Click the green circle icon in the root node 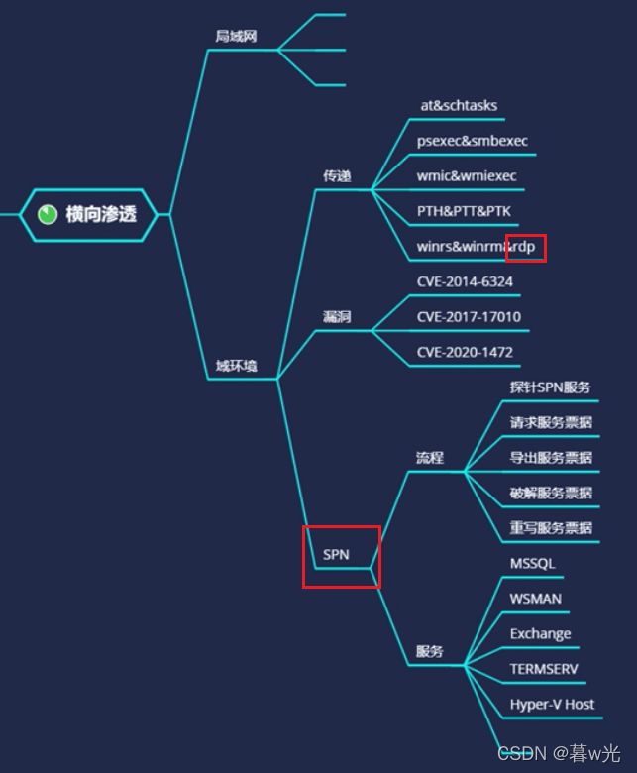tap(47, 214)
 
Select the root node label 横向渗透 tap(100, 214)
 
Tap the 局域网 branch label tap(236, 37)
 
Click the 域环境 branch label tap(236, 367)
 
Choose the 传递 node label tap(337, 176)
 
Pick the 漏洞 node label tap(337, 317)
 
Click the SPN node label tap(336, 555)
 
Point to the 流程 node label tap(430, 458)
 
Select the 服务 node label tap(430, 652)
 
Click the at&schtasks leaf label tap(459, 105)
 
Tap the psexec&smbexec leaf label tap(473, 141)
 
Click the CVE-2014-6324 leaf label tap(465, 281)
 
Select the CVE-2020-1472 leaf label tap(465, 352)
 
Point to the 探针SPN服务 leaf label tap(550, 386)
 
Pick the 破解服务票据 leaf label tap(551, 493)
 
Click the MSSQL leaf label tap(533, 563)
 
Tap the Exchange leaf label tap(540, 633)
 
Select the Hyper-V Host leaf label tap(552, 704)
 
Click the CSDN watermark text tap(522, 753)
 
